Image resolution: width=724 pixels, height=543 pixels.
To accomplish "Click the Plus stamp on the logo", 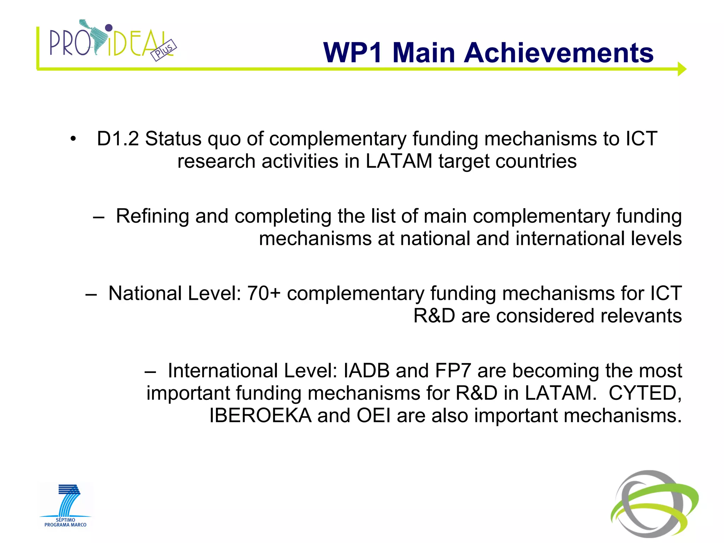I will click(164, 50).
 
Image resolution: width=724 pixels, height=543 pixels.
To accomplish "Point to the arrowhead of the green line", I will click(682, 69).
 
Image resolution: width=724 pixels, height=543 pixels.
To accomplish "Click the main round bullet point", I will click(73, 139).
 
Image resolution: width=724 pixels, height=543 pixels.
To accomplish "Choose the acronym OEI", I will click(374, 416).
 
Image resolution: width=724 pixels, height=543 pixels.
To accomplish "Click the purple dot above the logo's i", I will click(109, 28).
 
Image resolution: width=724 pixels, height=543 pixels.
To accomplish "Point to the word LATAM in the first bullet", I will click(399, 161).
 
